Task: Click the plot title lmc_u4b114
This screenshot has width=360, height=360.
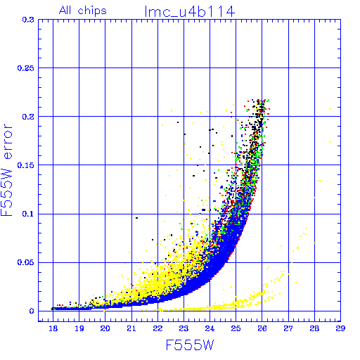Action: coord(190,11)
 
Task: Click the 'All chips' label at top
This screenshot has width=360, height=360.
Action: coord(83,11)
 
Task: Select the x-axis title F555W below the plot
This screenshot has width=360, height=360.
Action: coord(190,345)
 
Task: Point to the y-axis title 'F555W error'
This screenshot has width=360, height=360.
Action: coord(7,169)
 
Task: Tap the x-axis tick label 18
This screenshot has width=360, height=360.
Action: coord(53,328)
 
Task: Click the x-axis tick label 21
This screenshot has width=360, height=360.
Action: coord(131,328)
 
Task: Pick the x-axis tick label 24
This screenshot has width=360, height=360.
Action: coord(210,328)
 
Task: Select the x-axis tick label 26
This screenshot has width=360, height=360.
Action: coord(262,328)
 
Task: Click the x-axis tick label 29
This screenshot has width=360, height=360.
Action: coord(340,328)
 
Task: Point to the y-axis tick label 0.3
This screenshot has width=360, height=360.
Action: coord(28,20)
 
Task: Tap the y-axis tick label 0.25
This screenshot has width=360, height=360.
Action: coord(26,68)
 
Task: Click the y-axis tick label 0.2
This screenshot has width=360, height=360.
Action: coord(28,117)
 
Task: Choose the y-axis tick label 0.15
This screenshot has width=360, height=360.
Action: coord(26,165)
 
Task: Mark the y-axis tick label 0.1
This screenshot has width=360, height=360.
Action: coord(28,214)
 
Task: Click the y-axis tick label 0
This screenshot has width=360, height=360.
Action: coord(32,311)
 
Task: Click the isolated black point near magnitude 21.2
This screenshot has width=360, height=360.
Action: coord(136,218)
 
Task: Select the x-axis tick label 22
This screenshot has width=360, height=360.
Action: coord(157,328)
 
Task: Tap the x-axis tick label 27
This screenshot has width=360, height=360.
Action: coord(288,328)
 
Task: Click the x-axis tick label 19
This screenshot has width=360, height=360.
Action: coord(79,328)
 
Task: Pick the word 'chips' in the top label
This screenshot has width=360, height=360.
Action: coord(92,11)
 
